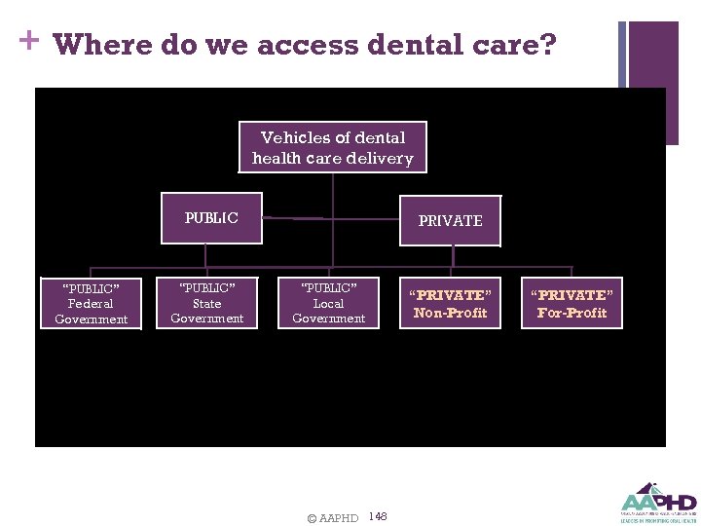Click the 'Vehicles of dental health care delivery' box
tap(332, 147)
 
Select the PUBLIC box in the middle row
tap(211, 218)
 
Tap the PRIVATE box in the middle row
tap(450, 221)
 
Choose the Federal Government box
tap(91, 304)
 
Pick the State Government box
tap(206, 303)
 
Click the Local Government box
tap(328, 303)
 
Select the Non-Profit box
tap(450, 303)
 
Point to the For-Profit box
tap(572, 303)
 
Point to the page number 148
tap(379, 516)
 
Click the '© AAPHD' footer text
tap(332, 518)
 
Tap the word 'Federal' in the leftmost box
tap(91, 304)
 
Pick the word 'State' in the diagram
tap(206, 303)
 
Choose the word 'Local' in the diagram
tap(328, 303)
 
